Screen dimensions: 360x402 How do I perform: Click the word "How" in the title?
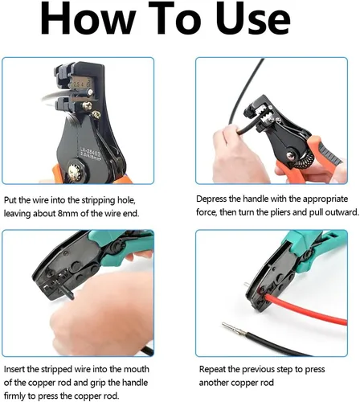[88, 18]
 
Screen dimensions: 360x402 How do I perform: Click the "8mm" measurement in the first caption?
[67, 214]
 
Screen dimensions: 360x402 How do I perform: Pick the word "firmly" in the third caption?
[14, 396]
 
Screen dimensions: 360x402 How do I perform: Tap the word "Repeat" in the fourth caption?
[212, 369]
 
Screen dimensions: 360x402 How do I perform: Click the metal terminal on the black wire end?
[234, 328]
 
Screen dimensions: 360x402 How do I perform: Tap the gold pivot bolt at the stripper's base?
[73, 170]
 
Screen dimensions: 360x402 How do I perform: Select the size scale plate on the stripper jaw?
[80, 84]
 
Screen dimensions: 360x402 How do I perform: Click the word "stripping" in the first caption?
[99, 200]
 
